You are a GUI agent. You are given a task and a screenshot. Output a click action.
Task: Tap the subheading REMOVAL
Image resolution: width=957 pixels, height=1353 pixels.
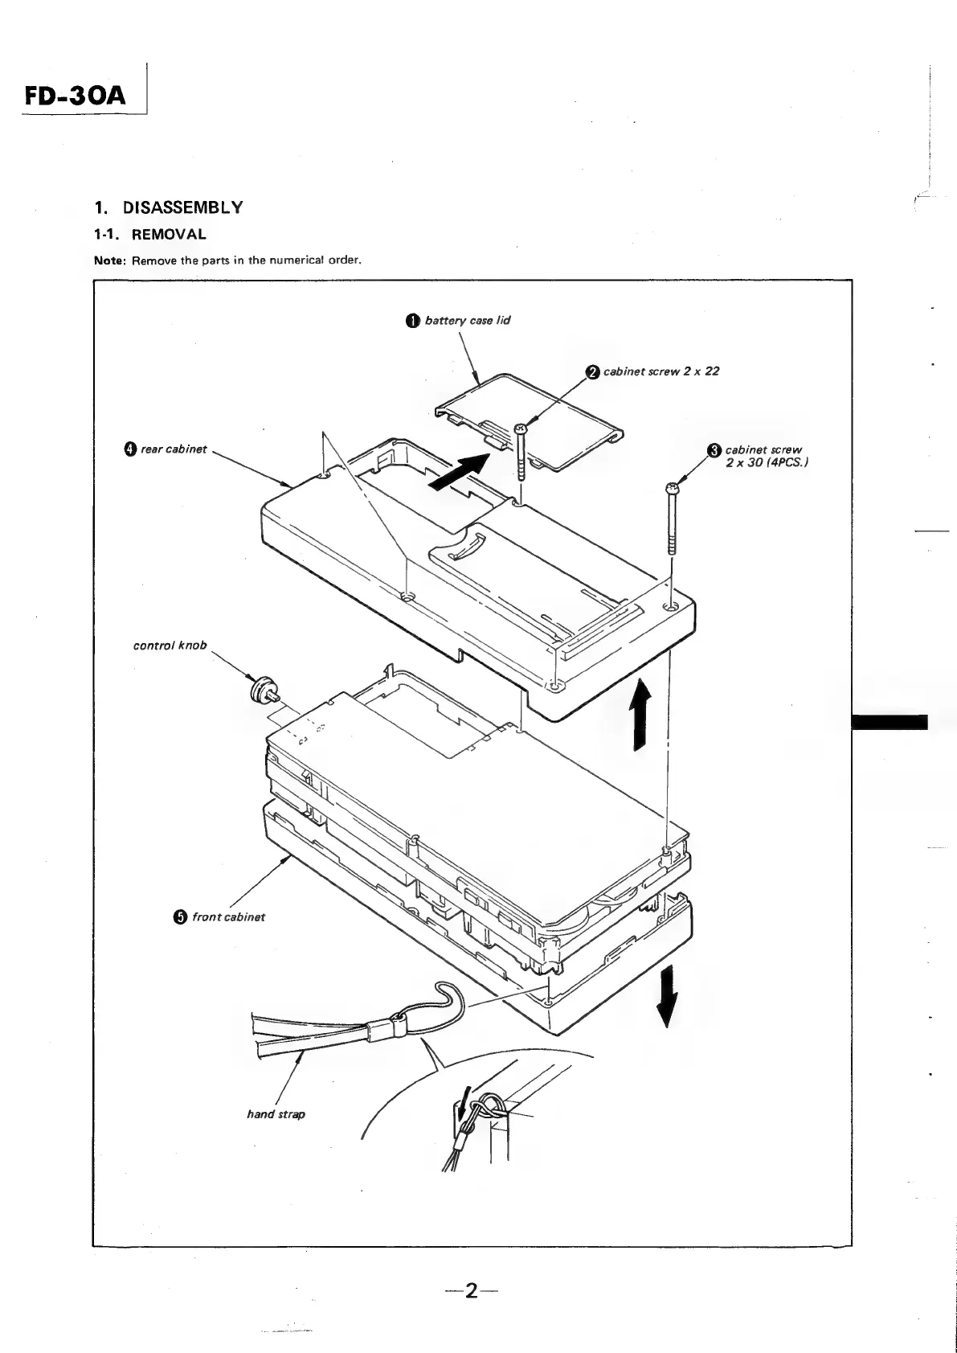click(169, 235)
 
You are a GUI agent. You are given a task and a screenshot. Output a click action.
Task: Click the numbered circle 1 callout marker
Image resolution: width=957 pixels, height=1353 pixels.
click(412, 321)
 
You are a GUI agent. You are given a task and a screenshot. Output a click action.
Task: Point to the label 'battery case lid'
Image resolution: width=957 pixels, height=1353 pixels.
click(467, 320)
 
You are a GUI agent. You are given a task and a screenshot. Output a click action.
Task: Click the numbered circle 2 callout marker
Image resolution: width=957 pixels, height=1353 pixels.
click(593, 371)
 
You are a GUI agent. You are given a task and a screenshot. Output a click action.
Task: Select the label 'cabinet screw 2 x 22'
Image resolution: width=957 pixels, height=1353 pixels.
click(660, 371)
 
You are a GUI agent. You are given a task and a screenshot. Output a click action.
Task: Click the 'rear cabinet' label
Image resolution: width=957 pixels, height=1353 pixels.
click(174, 449)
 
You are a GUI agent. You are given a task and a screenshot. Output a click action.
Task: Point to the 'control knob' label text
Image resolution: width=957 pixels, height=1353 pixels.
click(170, 645)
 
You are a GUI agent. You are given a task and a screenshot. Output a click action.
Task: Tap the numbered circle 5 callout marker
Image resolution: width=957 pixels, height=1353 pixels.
click(180, 917)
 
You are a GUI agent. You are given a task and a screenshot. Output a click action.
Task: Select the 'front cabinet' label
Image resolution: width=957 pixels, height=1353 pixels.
click(228, 916)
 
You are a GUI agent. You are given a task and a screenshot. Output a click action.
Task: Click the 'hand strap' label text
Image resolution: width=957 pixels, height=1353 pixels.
click(276, 1114)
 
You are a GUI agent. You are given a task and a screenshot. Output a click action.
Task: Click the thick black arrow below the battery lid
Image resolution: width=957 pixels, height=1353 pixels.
click(459, 471)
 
